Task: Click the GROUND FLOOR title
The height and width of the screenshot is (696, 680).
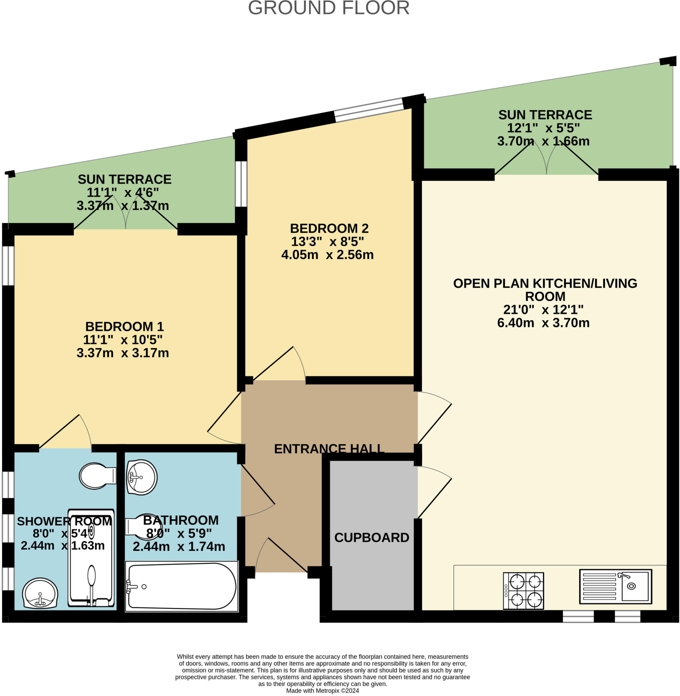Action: (x=329, y=8)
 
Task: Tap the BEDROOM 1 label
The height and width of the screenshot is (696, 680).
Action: (x=124, y=326)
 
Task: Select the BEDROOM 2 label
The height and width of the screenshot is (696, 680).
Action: (x=329, y=228)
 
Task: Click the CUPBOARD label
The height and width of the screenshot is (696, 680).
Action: (x=371, y=537)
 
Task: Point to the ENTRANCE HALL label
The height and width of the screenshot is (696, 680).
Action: (x=329, y=449)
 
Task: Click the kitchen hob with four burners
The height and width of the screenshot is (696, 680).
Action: (x=523, y=591)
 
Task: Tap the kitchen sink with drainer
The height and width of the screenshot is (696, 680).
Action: (x=615, y=586)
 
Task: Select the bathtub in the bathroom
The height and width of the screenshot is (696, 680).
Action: (x=181, y=586)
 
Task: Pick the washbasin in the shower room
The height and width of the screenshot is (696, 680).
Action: (x=40, y=593)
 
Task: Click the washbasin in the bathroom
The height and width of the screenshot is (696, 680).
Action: (x=142, y=477)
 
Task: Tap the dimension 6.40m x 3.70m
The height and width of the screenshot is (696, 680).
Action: (x=543, y=323)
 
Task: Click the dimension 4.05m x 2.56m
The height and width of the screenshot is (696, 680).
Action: (x=327, y=255)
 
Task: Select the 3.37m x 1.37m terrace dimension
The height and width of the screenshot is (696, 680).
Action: (x=122, y=206)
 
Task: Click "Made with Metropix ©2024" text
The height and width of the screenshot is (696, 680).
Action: (x=322, y=691)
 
